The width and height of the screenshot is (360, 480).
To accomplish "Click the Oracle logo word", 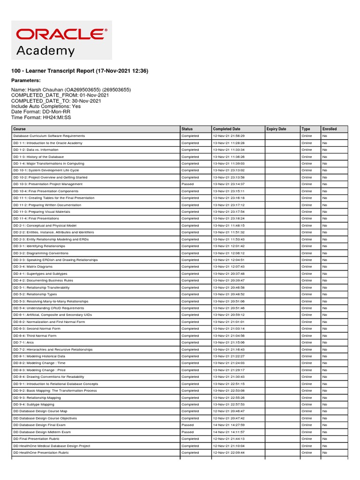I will (61, 34).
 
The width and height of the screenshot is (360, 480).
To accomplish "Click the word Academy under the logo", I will (45, 51).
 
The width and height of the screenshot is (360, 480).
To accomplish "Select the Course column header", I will (20, 129).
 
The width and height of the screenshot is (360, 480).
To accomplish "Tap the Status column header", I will (187, 129).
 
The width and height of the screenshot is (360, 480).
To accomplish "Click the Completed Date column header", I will (226, 129).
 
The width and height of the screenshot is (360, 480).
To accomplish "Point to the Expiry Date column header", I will (276, 129).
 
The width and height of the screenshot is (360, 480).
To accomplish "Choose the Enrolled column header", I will (329, 129).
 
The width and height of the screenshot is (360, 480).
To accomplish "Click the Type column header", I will (306, 129).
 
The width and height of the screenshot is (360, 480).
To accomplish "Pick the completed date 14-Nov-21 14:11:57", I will (229, 432).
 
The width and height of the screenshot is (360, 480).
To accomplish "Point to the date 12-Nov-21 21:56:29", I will (229, 136).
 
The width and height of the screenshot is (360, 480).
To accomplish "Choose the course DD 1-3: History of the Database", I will (38, 157).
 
